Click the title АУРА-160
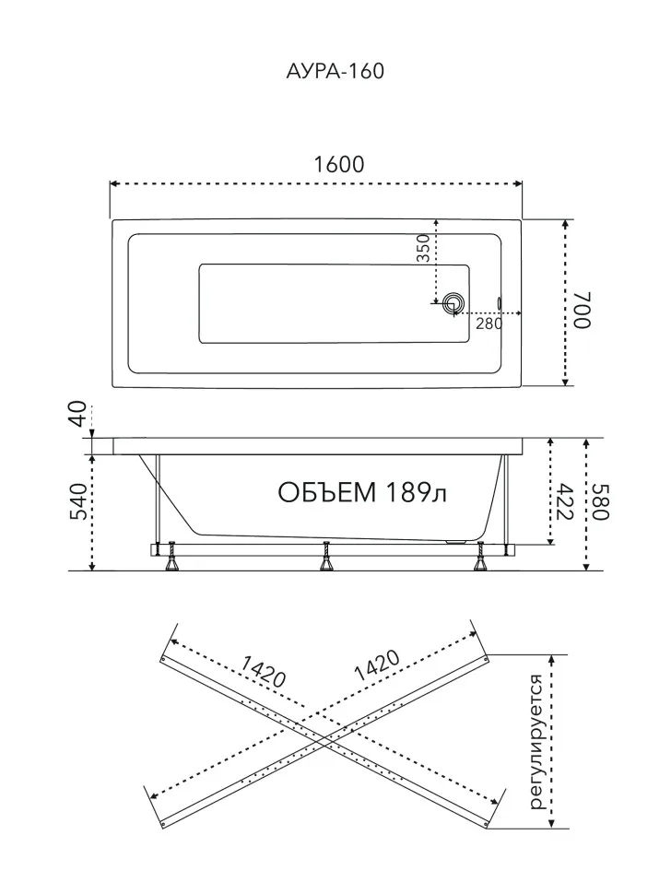tap(335, 71)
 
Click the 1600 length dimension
tap(338, 164)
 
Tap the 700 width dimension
tap(583, 310)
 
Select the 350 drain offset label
tap(423, 248)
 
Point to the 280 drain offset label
tap(489, 323)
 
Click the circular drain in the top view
tap(454, 303)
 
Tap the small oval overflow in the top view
tap(500, 302)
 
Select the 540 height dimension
tap(77, 501)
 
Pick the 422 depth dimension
tap(564, 501)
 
